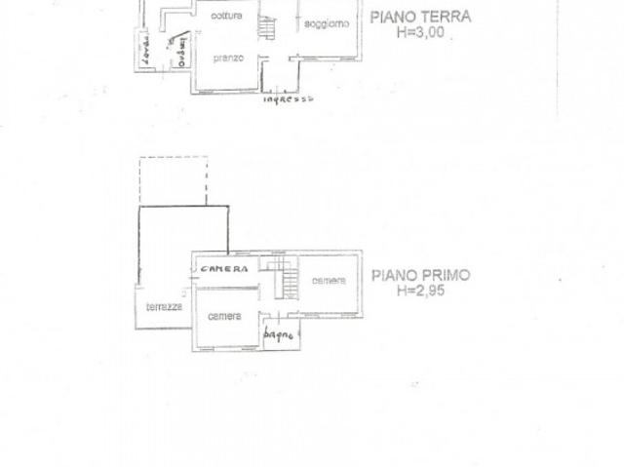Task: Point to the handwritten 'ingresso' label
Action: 288,98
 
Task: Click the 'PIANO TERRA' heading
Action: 421,17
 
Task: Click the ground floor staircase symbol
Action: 265,28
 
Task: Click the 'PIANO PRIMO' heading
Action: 420,276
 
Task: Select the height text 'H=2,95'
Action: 420,291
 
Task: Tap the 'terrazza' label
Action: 162,305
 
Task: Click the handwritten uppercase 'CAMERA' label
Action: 224,268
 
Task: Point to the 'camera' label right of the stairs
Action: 329,282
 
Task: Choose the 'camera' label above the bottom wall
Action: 225,317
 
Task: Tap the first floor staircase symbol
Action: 282,278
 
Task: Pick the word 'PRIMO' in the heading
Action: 447,276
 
